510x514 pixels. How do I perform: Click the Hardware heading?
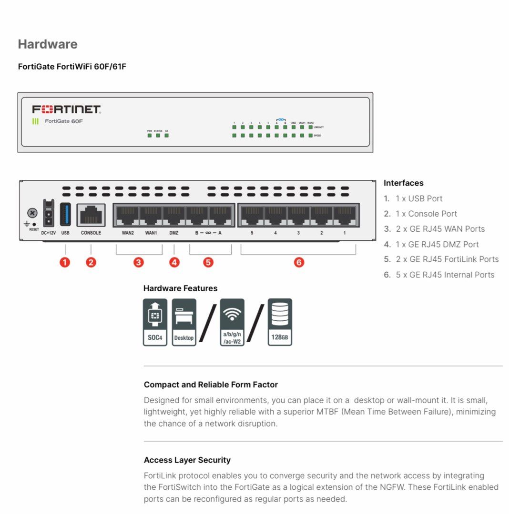[48, 44]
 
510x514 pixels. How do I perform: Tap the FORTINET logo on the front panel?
[66, 109]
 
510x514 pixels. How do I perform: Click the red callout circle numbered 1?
[65, 262]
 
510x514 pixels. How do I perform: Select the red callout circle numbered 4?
[174, 262]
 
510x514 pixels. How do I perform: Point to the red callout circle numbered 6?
[299, 262]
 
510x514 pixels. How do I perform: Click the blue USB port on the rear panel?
[65, 214]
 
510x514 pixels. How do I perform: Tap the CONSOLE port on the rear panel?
[91, 215]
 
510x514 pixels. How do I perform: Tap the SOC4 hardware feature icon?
[155, 322]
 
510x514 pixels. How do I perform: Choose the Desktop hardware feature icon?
[184, 322]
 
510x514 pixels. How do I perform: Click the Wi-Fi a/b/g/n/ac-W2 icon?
[232, 322]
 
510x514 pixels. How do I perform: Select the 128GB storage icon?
[280, 322]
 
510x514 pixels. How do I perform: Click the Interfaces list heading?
[403, 183]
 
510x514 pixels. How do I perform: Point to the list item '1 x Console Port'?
[426, 214]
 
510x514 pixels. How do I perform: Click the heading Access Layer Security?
[187, 460]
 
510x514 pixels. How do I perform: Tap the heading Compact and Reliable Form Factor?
[211, 385]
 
